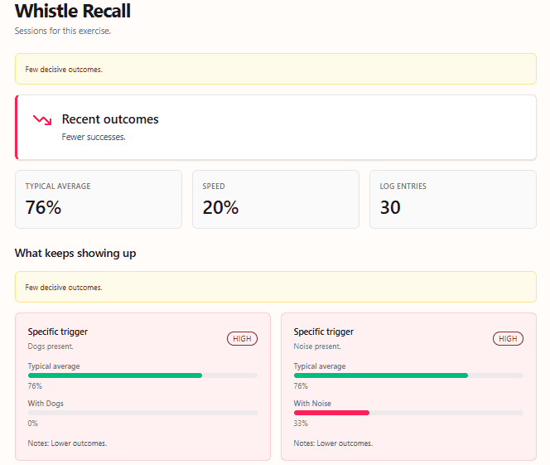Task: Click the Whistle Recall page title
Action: click(x=73, y=11)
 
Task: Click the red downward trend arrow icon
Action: click(x=41, y=120)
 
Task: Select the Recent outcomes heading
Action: click(x=110, y=119)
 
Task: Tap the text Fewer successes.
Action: click(x=94, y=137)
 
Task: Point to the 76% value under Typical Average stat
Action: click(x=44, y=207)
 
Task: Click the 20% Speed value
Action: click(x=220, y=207)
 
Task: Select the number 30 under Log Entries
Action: click(x=390, y=207)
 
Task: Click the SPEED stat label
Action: click(x=214, y=186)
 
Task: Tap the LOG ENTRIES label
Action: click(x=403, y=186)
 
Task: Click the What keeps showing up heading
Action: click(x=75, y=253)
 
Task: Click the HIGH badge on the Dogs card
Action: click(x=242, y=338)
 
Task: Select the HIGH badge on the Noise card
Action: click(x=508, y=338)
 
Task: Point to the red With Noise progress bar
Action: click(x=331, y=412)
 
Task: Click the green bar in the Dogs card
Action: click(x=115, y=375)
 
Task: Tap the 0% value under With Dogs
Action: click(x=34, y=423)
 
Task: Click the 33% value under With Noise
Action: click(x=301, y=423)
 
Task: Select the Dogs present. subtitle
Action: click(x=51, y=346)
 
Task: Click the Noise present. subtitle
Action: click(x=317, y=346)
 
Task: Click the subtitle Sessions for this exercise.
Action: click(x=63, y=31)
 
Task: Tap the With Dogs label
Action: click(x=46, y=404)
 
